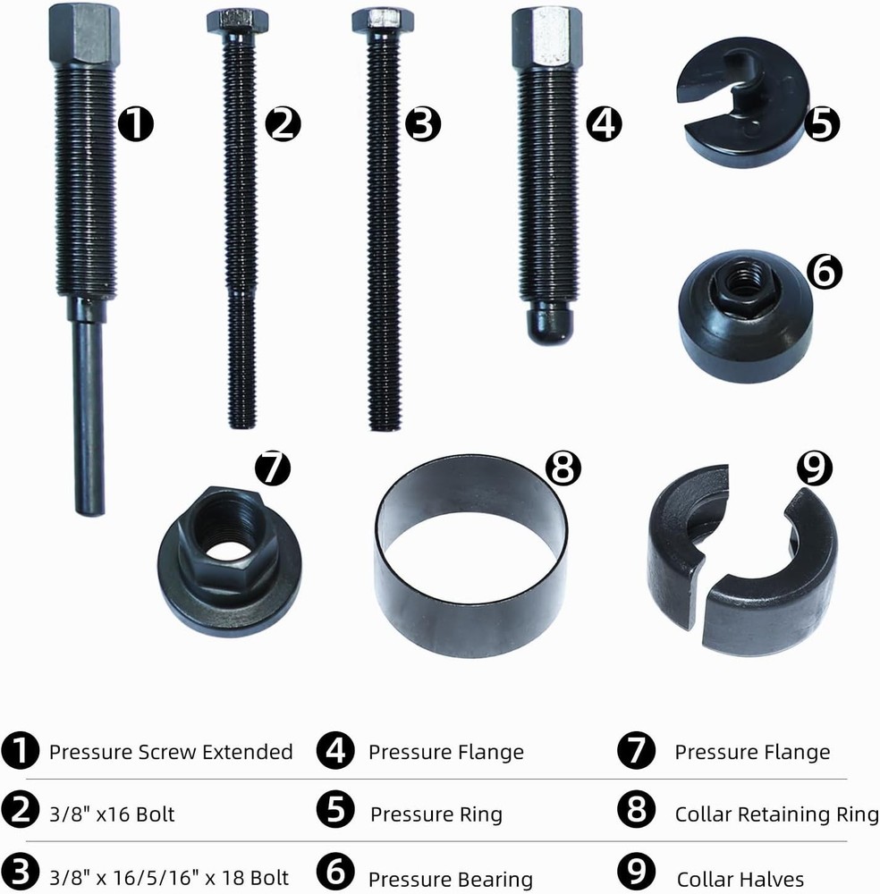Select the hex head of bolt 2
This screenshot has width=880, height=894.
(x=234, y=20)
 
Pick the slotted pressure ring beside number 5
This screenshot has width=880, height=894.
(x=741, y=103)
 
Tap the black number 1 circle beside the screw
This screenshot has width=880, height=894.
(x=135, y=124)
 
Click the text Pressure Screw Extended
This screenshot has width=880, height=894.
(x=171, y=752)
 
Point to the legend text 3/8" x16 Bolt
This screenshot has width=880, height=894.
(x=112, y=814)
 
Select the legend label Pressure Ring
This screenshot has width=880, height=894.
(x=436, y=814)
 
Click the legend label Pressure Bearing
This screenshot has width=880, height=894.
(x=451, y=880)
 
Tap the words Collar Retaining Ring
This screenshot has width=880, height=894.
(x=776, y=814)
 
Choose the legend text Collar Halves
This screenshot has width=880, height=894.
(x=740, y=880)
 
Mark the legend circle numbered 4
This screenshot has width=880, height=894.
(x=334, y=751)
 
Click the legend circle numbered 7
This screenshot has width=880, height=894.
(x=636, y=751)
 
